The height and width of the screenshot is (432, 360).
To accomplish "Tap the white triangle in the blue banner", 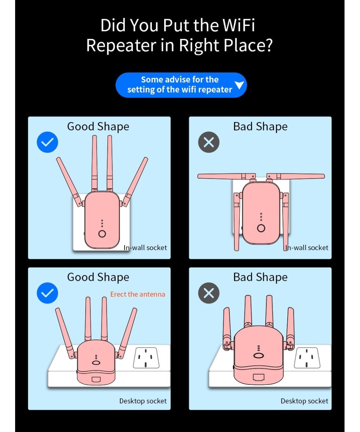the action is tap(239, 85).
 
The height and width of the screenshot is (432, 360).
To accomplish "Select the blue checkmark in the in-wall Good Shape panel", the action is tap(48, 142).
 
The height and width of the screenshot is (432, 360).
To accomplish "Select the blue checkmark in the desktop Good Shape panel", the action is tap(48, 293).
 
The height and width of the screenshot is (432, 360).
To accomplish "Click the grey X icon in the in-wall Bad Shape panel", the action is tap(208, 142).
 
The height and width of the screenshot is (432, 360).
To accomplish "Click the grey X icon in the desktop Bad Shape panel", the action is tap(208, 293).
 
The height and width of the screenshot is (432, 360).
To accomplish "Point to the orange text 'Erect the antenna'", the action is tap(138, 294).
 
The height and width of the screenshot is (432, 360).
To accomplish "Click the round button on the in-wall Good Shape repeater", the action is tap(102, 234).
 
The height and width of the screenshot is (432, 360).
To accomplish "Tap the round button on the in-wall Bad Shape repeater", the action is tap(261, 228).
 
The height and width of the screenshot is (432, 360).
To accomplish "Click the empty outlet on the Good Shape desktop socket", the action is tap(146, 358).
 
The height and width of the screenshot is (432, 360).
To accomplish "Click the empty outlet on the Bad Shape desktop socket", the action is tap(307, 358).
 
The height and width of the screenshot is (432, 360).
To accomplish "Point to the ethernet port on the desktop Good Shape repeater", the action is tap(96, 379).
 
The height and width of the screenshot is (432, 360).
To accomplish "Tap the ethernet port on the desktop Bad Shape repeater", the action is tap(258, 377).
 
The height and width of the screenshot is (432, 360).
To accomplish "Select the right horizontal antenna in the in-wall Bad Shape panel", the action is tap(296, 176).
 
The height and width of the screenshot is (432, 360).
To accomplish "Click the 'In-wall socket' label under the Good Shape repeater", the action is tap(145, 247).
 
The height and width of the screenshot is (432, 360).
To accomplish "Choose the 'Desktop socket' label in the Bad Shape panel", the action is tap(304, 401).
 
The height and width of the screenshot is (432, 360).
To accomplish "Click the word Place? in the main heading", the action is tap(248, 45).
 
